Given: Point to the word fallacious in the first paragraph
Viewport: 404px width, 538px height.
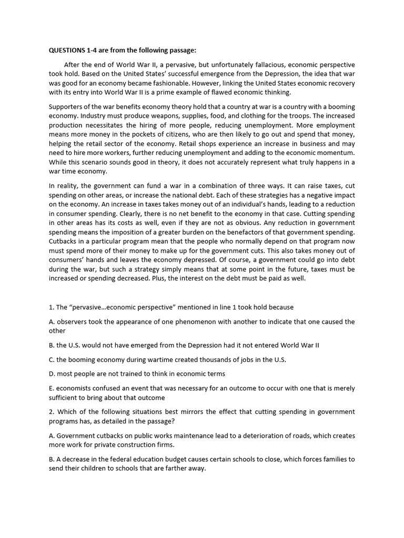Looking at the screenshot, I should coord(254,65).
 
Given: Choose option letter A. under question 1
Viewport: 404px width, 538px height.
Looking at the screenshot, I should coord(52,322).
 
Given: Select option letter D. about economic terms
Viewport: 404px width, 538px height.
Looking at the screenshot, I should coord(52,374).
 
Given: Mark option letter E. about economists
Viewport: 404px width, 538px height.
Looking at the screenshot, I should coord(52,388).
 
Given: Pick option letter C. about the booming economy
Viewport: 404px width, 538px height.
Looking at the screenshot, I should coord(52,359).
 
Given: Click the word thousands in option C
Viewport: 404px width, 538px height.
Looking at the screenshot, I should coord(206,359).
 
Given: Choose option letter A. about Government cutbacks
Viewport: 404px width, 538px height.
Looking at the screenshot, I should coord(52,436).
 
